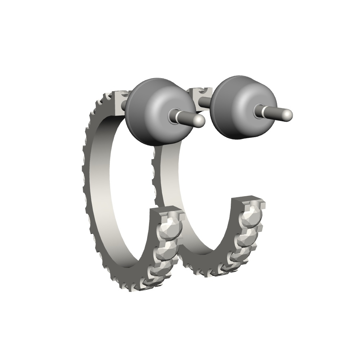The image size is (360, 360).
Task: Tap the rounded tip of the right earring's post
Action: [x=287, y=115]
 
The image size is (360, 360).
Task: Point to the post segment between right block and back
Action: [x=205, y=102]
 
